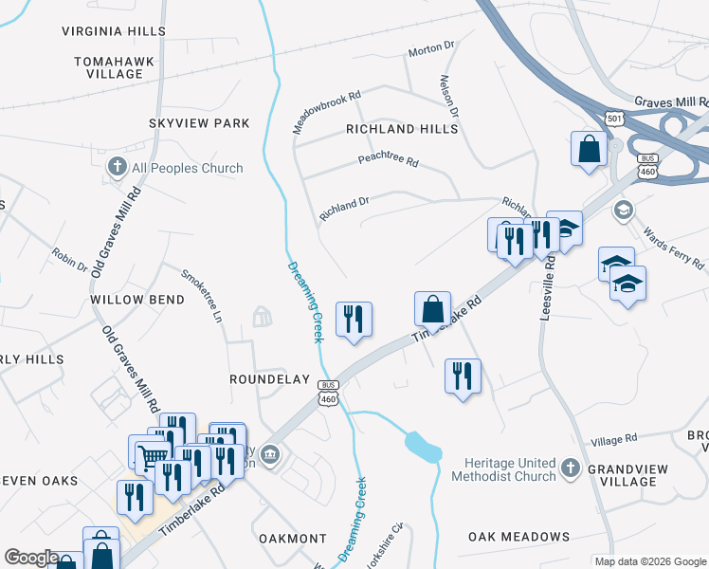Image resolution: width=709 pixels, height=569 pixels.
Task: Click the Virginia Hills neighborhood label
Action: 114,31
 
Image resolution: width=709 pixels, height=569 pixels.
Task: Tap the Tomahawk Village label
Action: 114,67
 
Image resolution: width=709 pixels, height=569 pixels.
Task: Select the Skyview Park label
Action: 199,123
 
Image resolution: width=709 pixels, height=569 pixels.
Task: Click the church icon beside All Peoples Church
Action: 118,168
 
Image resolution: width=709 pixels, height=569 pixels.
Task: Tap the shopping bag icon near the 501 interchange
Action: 589,149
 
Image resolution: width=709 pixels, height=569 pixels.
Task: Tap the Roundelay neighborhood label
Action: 270,379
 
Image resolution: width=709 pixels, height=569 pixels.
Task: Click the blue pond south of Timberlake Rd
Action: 423,446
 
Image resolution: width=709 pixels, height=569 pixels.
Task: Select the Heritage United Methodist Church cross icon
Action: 570,468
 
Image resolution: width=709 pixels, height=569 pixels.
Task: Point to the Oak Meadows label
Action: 518,537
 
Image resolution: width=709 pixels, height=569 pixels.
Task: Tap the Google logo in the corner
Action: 31,558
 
